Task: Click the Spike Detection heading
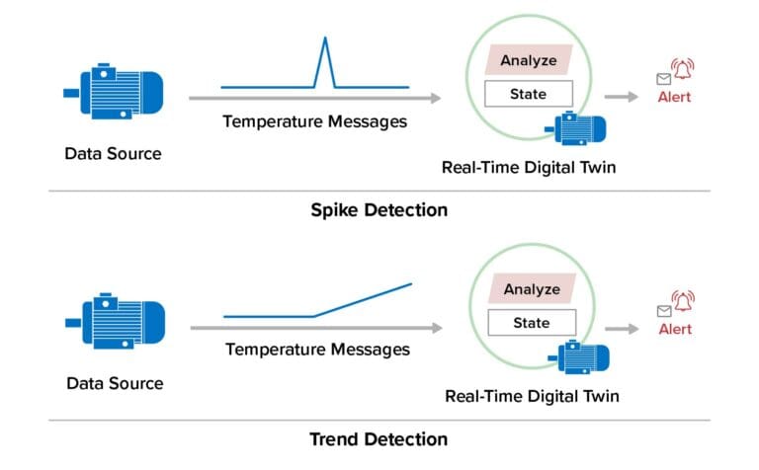click(379, 210)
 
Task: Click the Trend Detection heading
click(379, 439)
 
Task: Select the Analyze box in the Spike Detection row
click(528, 60)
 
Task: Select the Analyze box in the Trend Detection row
click(532, 289)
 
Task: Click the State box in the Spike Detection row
click(528, 95)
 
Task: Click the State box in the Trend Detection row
click(532, 323)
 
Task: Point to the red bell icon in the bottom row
click(682, 300)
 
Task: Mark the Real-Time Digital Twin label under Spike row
click(529, 167)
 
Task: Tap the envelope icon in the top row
click(661, 79)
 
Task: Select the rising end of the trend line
click(409, 284)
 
